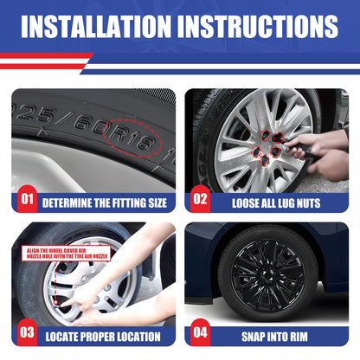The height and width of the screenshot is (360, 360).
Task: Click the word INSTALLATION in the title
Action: (96, 26)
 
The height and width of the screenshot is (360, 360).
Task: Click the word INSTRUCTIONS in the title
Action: (258, 26)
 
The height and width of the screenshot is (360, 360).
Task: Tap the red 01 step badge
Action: (27, 199)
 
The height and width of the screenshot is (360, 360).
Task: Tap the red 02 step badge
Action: (200, 199)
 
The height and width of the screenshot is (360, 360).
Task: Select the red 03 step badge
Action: (27, 332)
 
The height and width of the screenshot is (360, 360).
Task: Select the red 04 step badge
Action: (200, 332)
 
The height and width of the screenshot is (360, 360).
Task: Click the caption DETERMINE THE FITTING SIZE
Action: (105, 203)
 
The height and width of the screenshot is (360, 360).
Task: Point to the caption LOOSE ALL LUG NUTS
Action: (276, 203)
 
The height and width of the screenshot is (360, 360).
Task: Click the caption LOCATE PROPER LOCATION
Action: (103, 337)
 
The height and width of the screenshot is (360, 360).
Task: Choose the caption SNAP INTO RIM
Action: (274, 337)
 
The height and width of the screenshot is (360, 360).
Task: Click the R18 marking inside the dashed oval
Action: (132, 137)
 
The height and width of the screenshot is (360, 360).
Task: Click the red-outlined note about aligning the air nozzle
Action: (67, 254)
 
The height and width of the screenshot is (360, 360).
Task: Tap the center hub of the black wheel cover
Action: (267, 273)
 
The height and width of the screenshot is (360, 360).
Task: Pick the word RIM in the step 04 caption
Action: (299, 337)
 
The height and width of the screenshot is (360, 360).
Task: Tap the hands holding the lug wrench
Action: (318, 153)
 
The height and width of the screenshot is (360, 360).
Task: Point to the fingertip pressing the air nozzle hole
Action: (63, 305)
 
